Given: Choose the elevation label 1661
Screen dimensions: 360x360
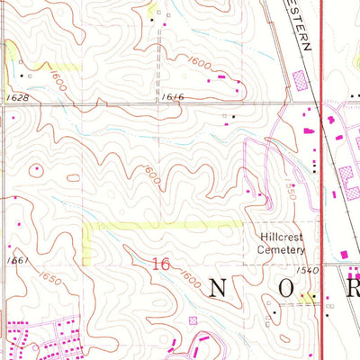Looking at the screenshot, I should tap(13, 260).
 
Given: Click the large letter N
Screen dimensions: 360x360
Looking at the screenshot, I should tap(220, 289).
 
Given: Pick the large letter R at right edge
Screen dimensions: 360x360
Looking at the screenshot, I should tap(352, 289).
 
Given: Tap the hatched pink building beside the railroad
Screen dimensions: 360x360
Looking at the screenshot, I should tap(299, 81).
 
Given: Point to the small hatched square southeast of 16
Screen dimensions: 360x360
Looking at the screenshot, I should tap(191, 319).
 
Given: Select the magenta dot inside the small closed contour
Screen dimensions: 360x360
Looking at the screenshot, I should tap(37, 168).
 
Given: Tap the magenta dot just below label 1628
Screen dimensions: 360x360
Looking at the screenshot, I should tap(17, 114).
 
